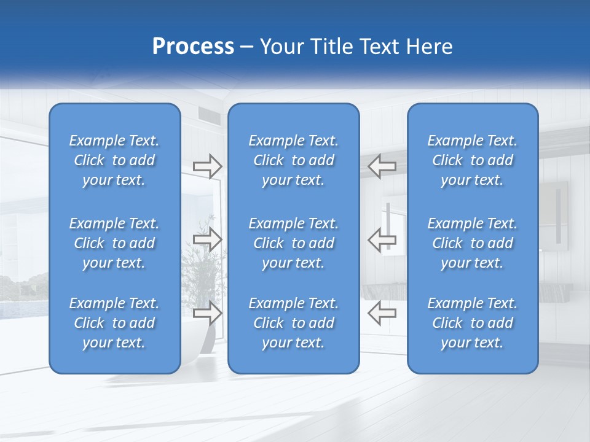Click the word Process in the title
[193, 47]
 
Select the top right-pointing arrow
[208, 166]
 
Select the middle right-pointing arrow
[208, 239]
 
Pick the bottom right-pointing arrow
[208, 312]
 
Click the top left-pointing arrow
[382, 166]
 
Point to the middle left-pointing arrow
[382, 239]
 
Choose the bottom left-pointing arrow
[382, 312]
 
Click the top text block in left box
[114, 160]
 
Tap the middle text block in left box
[114, 243]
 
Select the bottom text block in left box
[114, 323]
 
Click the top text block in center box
[294, 160]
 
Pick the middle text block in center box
[294, 243]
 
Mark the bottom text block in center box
[294, 323]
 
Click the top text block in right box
[473, 160]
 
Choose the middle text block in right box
[473, 243]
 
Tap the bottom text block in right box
[473, 323]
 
